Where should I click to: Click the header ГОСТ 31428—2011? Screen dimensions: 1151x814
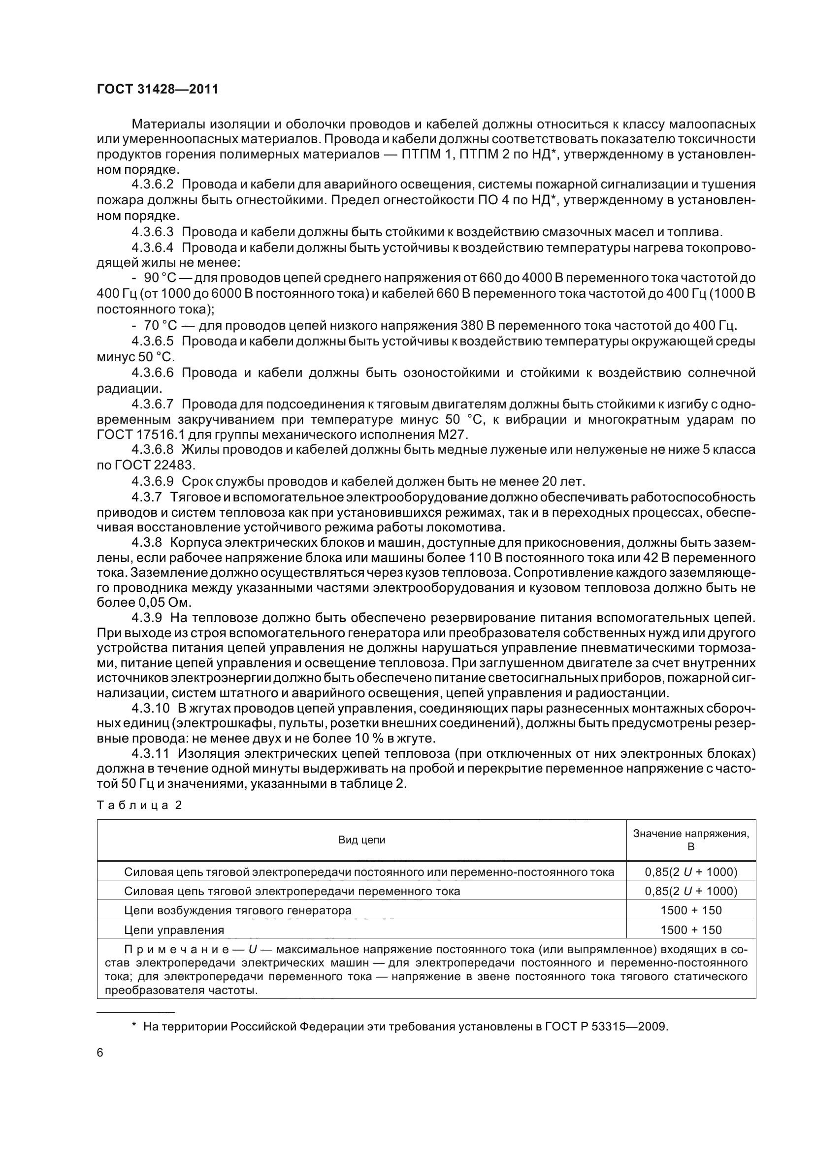click(158, 90)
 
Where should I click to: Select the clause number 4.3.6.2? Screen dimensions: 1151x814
click(153, 185)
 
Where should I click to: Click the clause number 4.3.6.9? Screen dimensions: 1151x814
click(153, 482)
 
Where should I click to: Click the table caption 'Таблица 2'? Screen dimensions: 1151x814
click(139, 806)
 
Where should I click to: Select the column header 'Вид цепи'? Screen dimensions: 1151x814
click(361, 840)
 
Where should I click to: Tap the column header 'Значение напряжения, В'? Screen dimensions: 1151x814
click(690, 840)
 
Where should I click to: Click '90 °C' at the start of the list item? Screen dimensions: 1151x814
click(160, 278)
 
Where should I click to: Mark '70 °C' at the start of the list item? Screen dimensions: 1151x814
click(160, 326)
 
